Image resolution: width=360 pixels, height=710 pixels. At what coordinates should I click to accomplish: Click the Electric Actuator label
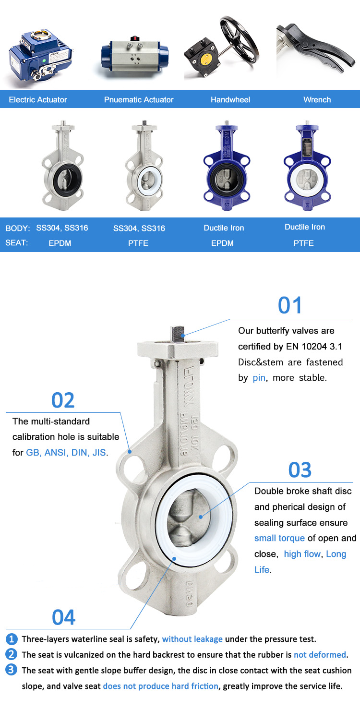[x=38, y=100]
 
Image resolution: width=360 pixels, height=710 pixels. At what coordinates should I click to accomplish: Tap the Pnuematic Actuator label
[x=139, y=100]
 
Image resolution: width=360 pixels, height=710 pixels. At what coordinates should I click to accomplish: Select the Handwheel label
[x=230, y=100]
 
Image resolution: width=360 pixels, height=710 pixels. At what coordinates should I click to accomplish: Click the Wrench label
[x=317, y=100]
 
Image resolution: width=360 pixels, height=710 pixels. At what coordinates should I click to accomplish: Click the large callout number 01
[x=290, y=306]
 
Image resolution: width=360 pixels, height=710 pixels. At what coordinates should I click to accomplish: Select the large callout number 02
[x=63, y=400]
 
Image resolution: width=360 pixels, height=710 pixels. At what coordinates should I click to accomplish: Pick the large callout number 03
[x=300, y=470]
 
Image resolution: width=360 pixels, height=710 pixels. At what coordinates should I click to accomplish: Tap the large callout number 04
[x=64, y=617]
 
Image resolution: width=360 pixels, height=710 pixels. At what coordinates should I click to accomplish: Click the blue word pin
[x=259, y=378]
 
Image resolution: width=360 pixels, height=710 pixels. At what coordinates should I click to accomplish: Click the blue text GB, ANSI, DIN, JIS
[x=66, y=452]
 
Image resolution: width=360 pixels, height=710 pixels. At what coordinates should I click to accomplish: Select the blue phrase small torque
[x=279, y=538]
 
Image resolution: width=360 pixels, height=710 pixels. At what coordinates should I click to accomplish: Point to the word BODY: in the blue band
[x=18, y=228]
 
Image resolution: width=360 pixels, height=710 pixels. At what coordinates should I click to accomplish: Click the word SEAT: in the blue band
[x=17, y=243]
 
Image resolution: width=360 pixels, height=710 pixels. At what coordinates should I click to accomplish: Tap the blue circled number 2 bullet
[x=12, y=654]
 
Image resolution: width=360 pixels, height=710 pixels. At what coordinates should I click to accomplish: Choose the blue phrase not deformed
[x=320, y=655]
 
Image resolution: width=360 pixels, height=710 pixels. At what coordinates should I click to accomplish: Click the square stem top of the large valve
[x=178, y=333]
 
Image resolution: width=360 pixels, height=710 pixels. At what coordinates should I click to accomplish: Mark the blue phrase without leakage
[x=192, y=639]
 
